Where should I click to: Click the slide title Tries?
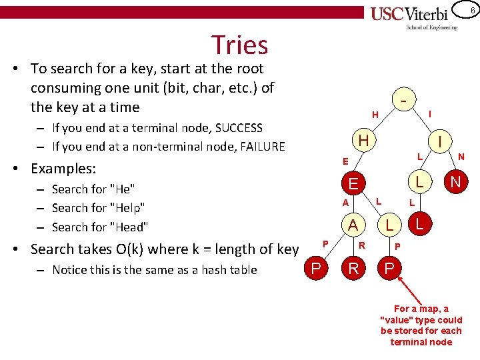(x=239, y=45)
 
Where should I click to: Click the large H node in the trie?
(x=363, y=140)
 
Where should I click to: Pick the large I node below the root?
(x=441, y=141)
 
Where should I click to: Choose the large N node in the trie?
(x=455, y=181)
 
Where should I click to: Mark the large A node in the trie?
(x=352, y=225)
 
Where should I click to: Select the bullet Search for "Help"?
(x=98, y=208)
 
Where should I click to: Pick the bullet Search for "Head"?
(x=99, y=227)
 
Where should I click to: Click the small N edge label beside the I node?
(x=461, y=157)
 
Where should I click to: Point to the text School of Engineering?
(x=432, y=27)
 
